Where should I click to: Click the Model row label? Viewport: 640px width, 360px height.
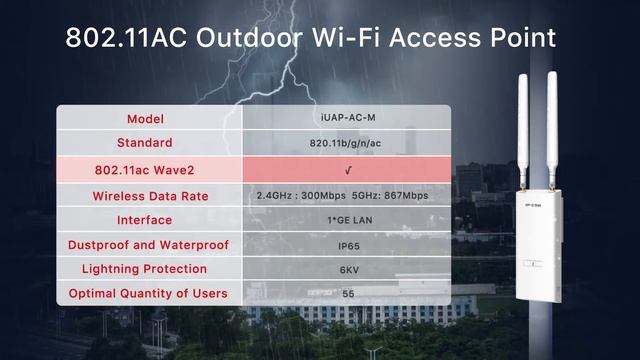(x=150, y=119)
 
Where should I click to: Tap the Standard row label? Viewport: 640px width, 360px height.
(x=150, y=143)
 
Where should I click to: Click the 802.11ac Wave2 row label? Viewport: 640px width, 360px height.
(x=150, y=168)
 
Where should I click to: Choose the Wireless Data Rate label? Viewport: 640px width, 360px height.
(x=150, y=195)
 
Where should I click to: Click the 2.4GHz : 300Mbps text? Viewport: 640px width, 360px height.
(x=298, y=195)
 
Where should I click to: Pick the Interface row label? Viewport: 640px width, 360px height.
(x=150, y=220)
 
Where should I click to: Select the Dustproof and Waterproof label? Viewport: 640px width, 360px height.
(x=150, y=245)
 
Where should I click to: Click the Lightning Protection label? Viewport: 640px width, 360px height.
(x=150, y=269)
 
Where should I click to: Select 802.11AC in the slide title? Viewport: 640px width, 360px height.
(x=126, y=39)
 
